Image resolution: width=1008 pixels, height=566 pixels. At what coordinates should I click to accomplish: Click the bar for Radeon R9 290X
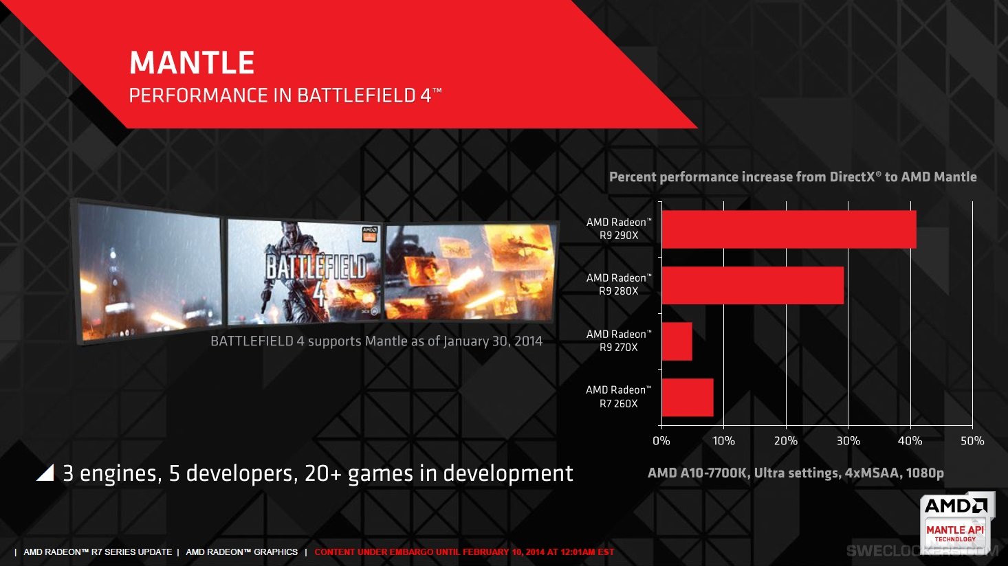[x=789, y=229]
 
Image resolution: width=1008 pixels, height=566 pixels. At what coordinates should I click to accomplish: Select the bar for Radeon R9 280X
[x=752, y=285]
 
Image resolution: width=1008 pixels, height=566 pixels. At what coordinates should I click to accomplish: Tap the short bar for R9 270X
[x=677, y=341]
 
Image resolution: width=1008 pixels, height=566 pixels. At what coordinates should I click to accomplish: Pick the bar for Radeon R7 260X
[x=687, y=397]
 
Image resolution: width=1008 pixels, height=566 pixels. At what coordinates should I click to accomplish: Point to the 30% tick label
[x=848, y=441]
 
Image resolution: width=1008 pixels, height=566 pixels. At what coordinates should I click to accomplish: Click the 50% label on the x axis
[x=972, y=441]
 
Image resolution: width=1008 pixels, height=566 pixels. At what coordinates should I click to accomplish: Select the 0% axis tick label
[x=661, y=441]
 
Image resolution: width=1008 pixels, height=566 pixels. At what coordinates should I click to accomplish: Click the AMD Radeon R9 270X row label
[x=618, y=341]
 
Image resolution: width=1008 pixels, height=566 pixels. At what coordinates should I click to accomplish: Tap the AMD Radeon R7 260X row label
[x=618, y=396]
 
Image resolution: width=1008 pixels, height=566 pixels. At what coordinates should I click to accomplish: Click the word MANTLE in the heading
[x=192, y=63]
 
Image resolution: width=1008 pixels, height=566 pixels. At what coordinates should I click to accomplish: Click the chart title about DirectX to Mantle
[x=792, y=177]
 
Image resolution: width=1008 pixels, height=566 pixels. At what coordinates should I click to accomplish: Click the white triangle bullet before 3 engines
[x=45, y=473]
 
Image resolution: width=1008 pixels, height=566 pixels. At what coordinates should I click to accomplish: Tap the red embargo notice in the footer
[x=464, y=552]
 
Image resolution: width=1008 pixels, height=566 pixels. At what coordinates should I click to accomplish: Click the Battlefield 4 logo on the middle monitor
[x=315, y=275]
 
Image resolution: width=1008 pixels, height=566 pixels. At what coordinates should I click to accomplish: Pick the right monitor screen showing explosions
[x=470, y=273]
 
